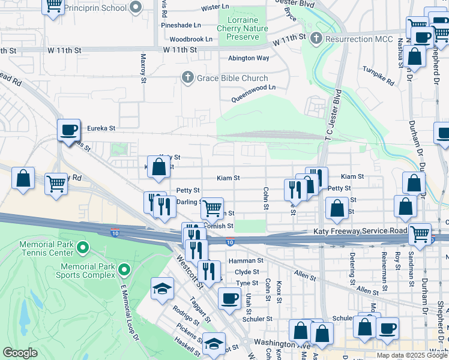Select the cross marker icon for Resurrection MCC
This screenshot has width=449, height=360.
coord(316,39)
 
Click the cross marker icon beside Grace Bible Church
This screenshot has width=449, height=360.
coord(188,78)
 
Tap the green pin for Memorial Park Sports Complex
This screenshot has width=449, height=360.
coord(124,269)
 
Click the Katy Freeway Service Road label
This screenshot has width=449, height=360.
coord(360,231)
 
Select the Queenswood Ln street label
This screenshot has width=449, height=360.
coord(254,87)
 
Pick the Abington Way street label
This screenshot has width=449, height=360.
coord(249,58)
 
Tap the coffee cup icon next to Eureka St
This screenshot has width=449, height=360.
coord(68,130)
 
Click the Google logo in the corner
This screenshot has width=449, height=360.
coord(20,353)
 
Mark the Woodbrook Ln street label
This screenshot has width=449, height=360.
coord(191,39)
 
